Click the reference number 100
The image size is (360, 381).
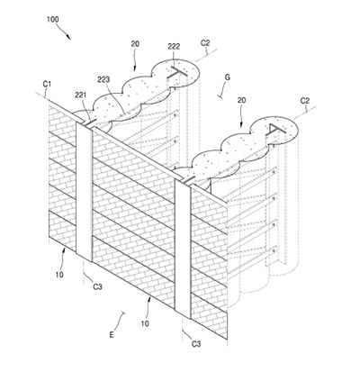coord(53,20)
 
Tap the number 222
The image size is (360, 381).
coord(174,46)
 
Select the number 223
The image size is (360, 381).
coord(103,79)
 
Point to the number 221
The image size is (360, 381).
coord(81,95)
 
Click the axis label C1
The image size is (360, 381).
coord(47,84)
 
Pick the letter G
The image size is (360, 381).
coord(228,77)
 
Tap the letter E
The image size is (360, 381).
coord(112,335)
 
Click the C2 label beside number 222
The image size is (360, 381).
coord(205,43)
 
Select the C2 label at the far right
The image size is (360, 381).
coord(305,101)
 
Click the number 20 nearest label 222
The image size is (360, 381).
coord(135,44)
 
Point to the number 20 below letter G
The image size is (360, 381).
coord(241,100)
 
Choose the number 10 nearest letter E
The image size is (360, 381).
coord(145,323)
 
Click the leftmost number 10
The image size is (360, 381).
coord(59,275)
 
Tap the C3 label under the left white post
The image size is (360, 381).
coord(97,287)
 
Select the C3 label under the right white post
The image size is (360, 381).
coord(196,344)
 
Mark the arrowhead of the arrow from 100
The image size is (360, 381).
coord(68,37)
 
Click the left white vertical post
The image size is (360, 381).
coord(84,192)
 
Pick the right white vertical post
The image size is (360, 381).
coord(183,249)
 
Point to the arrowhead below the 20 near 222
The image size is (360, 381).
coord(134,68)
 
